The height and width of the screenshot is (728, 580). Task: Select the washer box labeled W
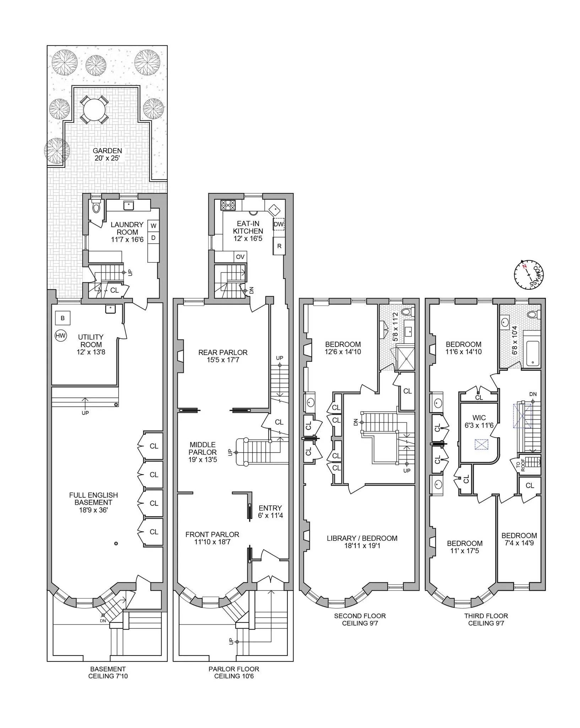(x=153, y=226)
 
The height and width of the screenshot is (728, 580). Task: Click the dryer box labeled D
(x=153, y=237)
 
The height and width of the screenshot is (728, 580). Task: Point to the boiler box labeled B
(x=63, y=318)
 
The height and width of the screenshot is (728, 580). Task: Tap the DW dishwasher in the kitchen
(x=279, y=224)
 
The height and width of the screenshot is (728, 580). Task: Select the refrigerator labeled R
(x=279, y=246)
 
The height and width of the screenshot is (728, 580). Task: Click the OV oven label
(x=240, y=257)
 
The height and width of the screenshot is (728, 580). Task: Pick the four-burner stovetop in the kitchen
(x=228, y=205)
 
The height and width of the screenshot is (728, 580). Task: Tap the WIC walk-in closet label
(x=479, y=421)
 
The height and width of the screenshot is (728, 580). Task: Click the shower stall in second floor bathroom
(x=405, y=358)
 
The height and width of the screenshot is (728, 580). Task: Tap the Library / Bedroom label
(x=362, y=542)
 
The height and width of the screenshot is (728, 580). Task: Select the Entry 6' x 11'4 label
(x=270, y=512)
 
